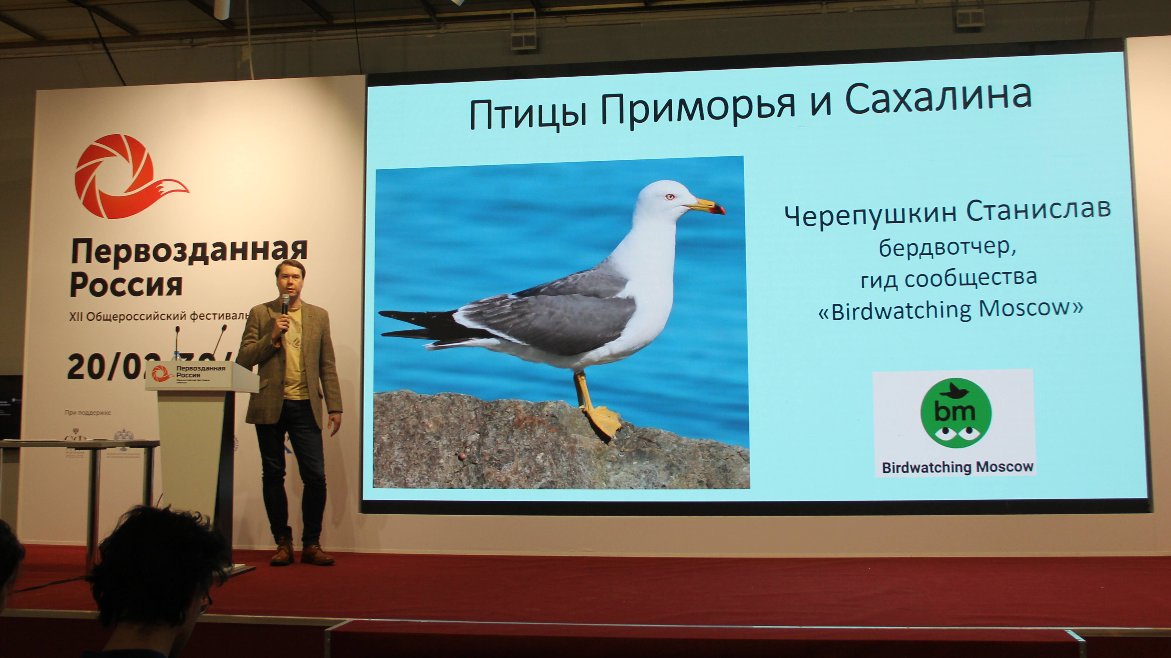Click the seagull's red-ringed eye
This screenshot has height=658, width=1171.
(x=670, y=197)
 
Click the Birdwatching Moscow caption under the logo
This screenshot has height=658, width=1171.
(x=957, y=467)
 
